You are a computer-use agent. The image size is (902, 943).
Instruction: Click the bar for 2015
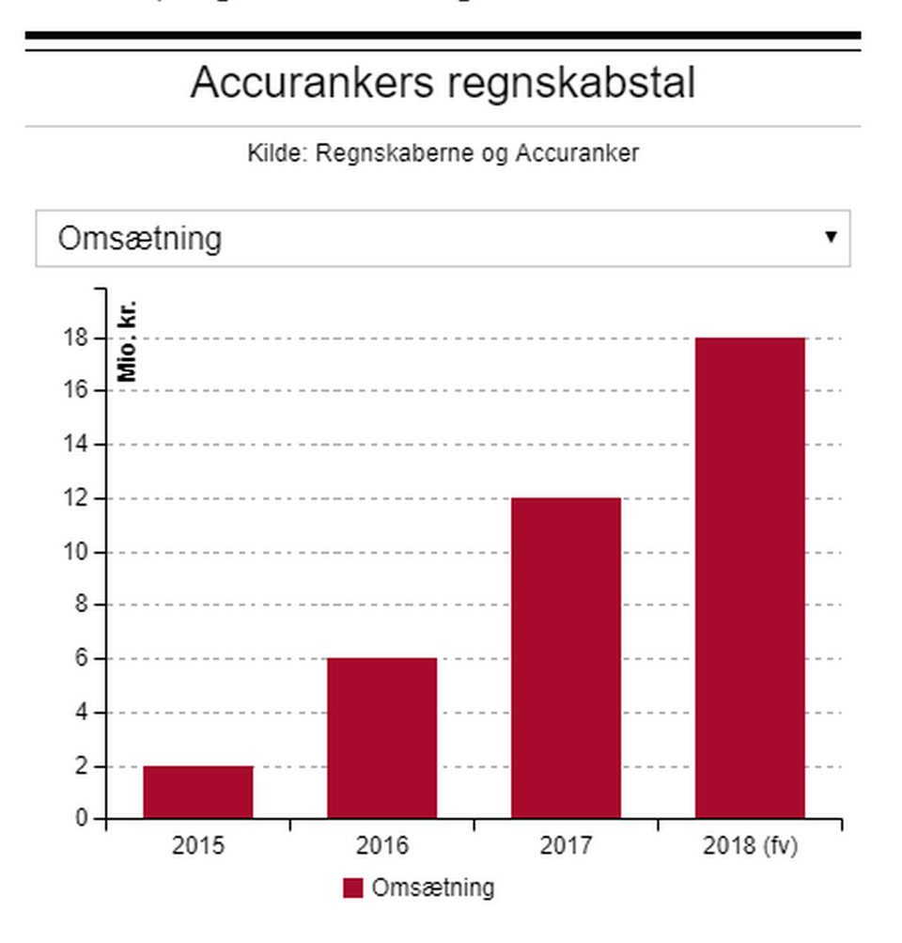tap(198, 792)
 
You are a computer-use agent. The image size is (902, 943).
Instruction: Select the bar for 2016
tap(382, 738)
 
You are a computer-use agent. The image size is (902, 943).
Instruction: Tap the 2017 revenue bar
tap(566, 658)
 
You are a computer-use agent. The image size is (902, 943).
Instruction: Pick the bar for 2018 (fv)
tap(750, 577)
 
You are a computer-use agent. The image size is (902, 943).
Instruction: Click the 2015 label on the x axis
tap(198, 846)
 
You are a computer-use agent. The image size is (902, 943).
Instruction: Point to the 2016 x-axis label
tap(382, 846)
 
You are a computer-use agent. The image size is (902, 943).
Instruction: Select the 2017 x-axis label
tap(566, 846)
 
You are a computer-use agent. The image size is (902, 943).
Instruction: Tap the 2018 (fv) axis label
tap(750, 846)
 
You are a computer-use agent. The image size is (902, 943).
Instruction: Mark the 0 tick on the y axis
tap(85, 819)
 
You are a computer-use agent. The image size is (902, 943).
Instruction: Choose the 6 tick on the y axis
tap(85, 658)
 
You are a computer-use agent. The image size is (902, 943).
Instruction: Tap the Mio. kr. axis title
tap(127, 341)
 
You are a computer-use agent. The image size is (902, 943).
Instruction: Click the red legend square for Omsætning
tap(352, 888)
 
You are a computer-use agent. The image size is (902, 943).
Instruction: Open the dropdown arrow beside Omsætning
tap(831, 237)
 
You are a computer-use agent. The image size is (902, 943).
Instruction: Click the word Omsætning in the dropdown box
tap(140, 239)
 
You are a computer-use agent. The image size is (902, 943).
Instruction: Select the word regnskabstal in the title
tap(570, 84)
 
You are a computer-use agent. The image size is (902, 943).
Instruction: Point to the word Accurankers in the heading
tap(312, 84)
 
